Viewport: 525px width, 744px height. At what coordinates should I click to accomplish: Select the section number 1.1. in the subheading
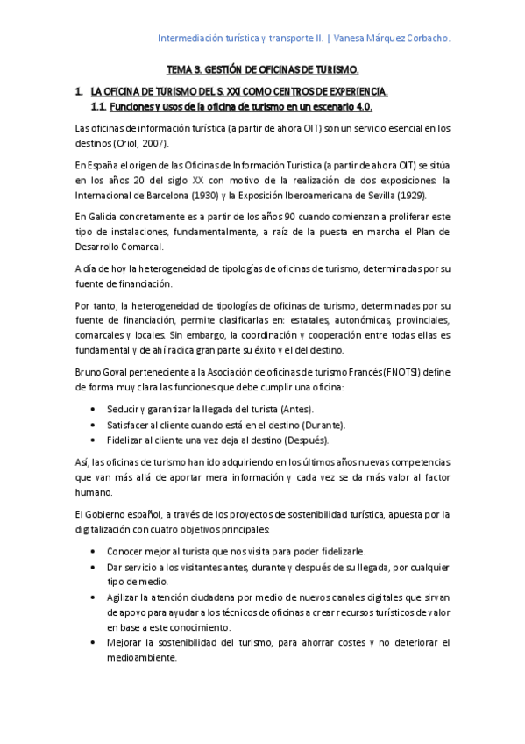tap(99, 106)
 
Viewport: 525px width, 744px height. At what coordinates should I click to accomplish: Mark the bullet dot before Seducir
tap(94, 410)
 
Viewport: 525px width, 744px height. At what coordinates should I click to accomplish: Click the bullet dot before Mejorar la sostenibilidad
tap(94, 643)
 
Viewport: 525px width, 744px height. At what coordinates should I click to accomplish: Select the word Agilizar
tap(125, 597)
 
